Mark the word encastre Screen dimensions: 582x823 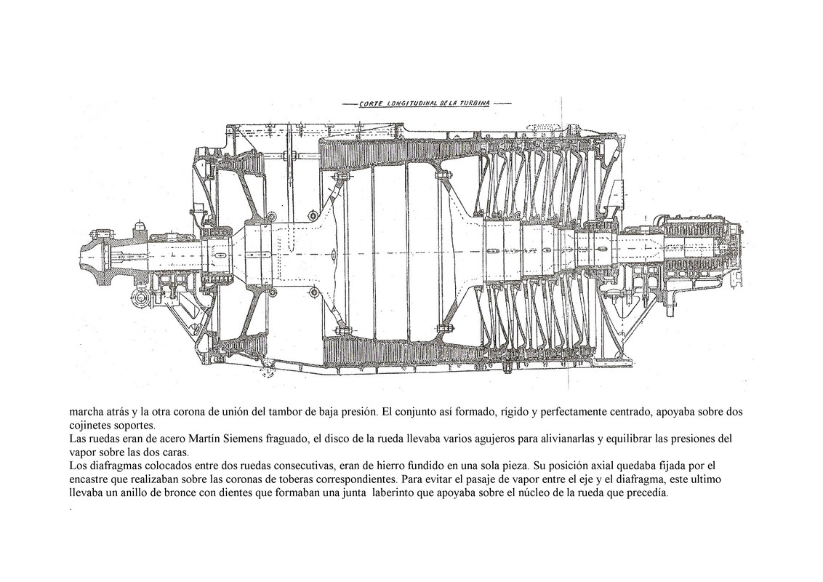tap(92, 479)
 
